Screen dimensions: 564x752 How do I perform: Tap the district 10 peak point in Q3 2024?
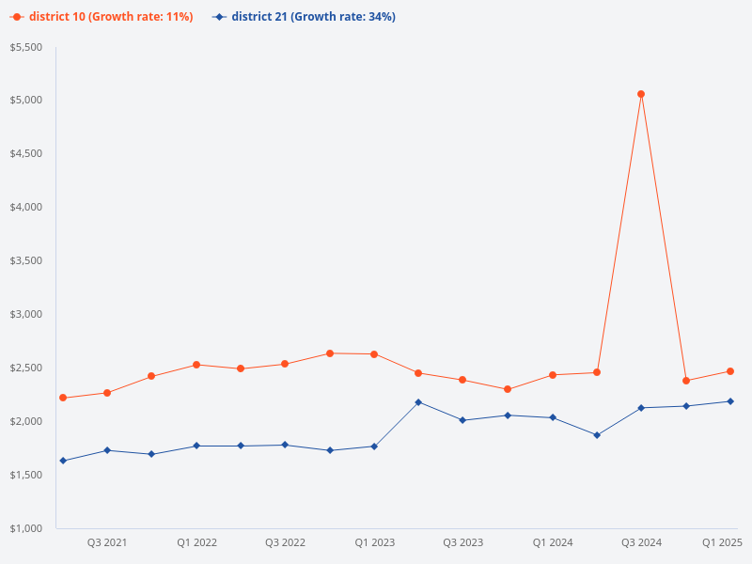point(641,94)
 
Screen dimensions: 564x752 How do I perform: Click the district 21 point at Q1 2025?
point(730,401)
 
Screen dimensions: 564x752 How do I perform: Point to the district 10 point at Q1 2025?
point(730,371)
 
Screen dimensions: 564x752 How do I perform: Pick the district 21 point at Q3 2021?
point(107,450)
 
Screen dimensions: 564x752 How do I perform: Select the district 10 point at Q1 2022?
point(196,365)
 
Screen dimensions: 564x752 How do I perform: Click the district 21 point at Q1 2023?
point(374,446)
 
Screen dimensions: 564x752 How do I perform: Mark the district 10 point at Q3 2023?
point(462,380)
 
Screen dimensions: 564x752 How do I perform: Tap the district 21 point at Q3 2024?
point(641,408)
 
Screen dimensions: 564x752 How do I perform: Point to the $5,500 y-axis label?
point(26,47)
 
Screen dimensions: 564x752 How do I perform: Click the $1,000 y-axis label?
point(26,528)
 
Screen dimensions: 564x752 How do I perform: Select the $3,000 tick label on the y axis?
point(26,314)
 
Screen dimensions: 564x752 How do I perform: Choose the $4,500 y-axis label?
point(26,154)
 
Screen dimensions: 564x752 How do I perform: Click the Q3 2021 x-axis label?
point(107,542)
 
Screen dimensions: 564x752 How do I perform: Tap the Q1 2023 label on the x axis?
point(374,542)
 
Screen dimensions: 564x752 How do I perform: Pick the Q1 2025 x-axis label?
point(723,542)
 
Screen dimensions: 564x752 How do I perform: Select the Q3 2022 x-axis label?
point(285,542)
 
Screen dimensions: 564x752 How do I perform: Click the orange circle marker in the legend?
point(17,17)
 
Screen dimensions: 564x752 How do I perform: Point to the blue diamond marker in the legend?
point(219,17)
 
